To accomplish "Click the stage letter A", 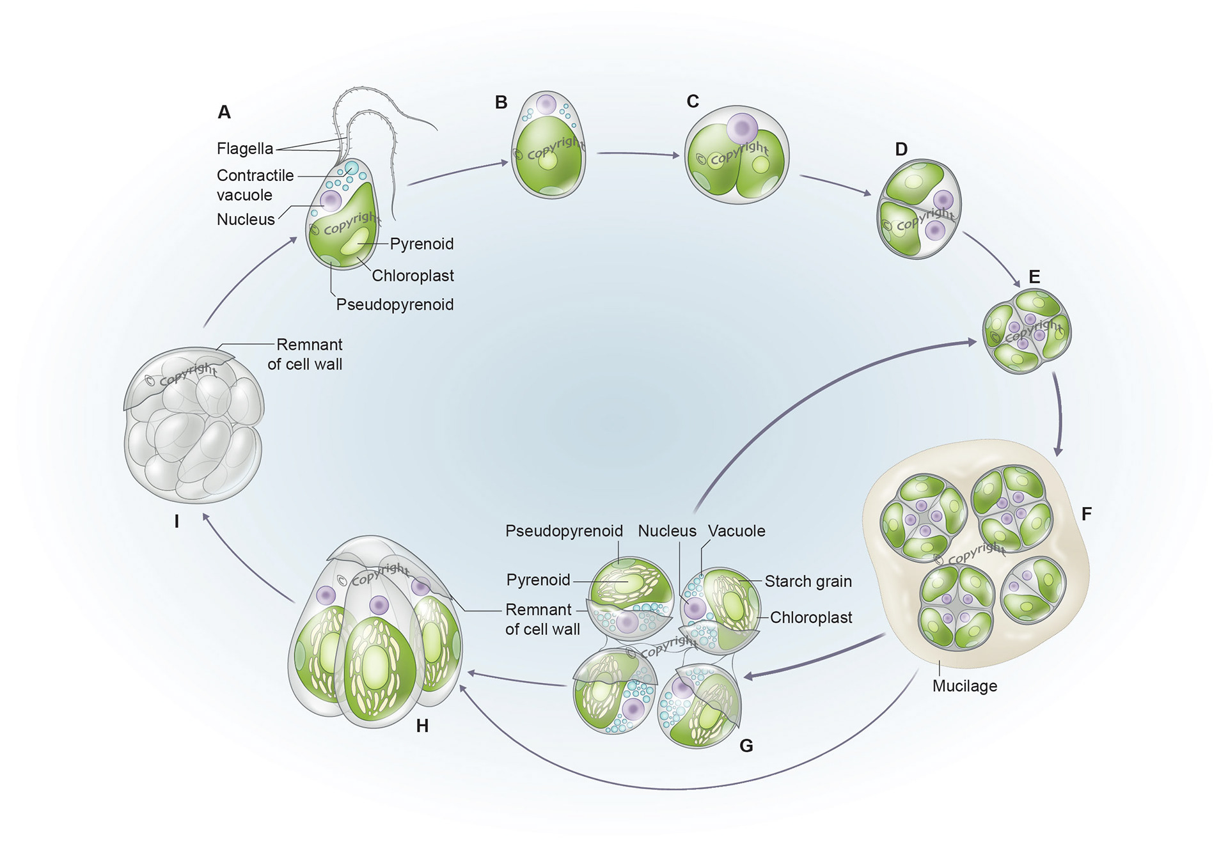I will click(224, 113).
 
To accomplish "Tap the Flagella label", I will click(244, 149).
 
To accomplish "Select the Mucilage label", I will click(964, 686).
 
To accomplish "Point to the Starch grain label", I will click(808, 581).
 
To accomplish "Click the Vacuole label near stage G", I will click(736, 531).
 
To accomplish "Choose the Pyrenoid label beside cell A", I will click(421, 244).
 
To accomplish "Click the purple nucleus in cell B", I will click(546, 104).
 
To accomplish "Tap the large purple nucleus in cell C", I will click(742, 127).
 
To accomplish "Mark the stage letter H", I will click(422, 726).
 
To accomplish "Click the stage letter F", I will click(1086, 514).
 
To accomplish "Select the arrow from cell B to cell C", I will click(638, 154).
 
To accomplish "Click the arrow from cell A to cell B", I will click(457, 173).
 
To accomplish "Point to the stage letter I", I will click(177, 522).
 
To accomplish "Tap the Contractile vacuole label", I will click(255, 185).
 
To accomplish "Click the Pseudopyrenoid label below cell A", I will click(395, 305).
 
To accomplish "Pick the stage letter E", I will click(1034, 277).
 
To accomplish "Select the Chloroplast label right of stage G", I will click(810, 618).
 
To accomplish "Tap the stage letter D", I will click(901, 150).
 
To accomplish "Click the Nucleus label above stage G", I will click(666, 531).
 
